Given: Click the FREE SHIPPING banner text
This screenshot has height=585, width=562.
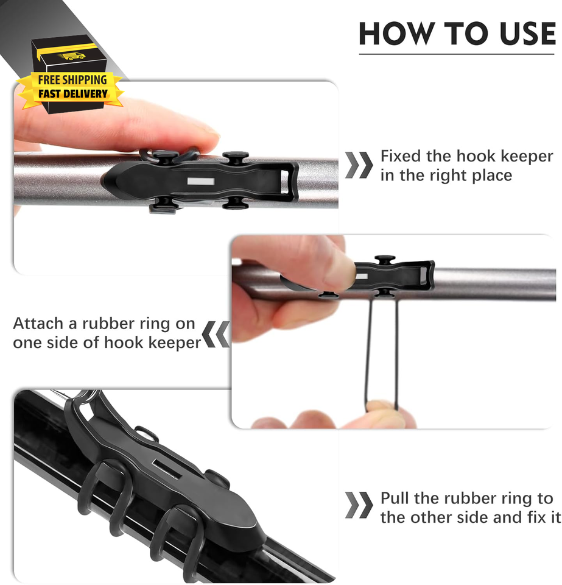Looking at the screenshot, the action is click(x=72, y=80).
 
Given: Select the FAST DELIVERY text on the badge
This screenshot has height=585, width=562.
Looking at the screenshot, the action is click(x=73, y=94).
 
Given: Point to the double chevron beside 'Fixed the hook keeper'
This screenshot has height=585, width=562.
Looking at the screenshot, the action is click(x=359, y=165).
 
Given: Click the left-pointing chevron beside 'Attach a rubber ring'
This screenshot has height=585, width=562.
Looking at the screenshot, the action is click(x=216, y=334).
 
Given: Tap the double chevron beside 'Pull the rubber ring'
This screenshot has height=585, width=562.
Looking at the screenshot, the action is click(x=359, y=505).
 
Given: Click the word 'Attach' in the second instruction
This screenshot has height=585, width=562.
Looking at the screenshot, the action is click(x=38, y=324).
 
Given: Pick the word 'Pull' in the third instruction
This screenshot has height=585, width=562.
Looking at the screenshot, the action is click(x=395, y=498).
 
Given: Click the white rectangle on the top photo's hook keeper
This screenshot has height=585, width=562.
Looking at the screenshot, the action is click(x=201, y=182).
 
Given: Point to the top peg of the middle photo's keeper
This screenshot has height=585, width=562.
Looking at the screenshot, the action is click(x=385, y=259).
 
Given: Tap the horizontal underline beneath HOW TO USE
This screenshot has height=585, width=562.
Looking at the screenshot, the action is click(x=457, y=54).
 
